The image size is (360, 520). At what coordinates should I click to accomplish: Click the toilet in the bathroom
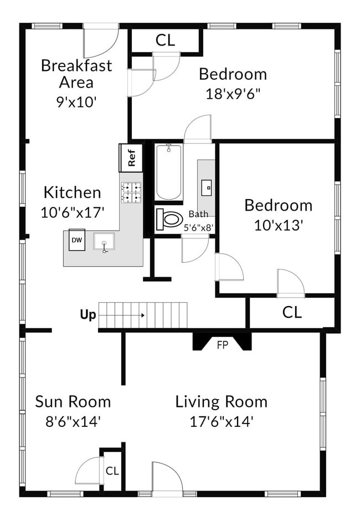click(x=169, y=219)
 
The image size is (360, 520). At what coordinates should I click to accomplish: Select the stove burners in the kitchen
click(x=131, y=193)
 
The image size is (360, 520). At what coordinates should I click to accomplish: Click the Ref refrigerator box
click(x=131, y=157)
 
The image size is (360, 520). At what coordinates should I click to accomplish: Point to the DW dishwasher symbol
click(x=77, y=240)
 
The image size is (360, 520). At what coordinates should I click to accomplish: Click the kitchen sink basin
click(x=104, y=241)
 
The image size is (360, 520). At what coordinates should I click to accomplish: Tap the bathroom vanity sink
click(x=207, y=187)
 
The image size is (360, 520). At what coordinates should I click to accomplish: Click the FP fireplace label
click(x=223, y=345)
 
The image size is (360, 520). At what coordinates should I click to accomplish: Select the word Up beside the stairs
click(x=88, y=315)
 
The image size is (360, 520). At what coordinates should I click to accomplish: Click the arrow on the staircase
click(x=122, y=315)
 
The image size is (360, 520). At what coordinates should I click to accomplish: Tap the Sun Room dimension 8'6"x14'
click(x=73, y=422)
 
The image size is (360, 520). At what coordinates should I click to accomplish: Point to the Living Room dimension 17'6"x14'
click(x=222, y=422)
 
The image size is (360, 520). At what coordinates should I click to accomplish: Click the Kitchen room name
click(x=72, y=193)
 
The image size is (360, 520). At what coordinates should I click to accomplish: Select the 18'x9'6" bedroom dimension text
click(x=232, y=94)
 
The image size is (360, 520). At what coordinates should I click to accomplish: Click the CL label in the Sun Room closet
click(x=112, y=471)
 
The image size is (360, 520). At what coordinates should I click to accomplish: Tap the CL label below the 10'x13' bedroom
click(x=292, y=313)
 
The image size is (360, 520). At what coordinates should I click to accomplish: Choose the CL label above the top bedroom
click(x=165, y=40)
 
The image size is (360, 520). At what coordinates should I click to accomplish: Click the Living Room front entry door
click(x=167, y=477)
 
